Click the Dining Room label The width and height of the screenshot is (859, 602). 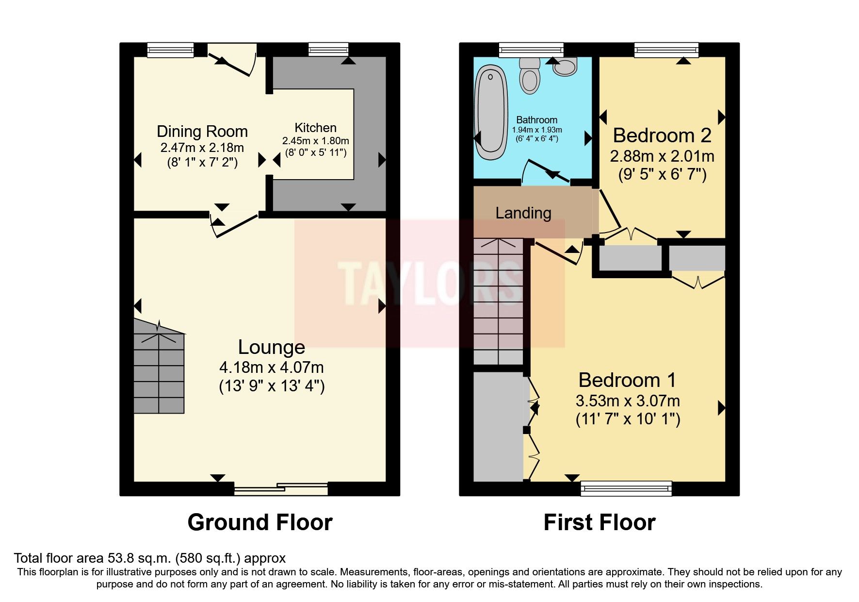pyautogui.click(x=202, y=132)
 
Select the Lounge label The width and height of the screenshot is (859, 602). pyautogui.click(x=271, y=347)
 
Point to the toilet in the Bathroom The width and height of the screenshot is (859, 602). pyautogui.click(x=529, y=78)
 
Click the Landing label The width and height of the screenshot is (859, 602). pyautogui.click(x=523, y=213)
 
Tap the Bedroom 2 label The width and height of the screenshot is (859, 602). pyautogui.click(x=662, y=135)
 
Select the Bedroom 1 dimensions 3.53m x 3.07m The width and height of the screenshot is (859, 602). pyautogui.click(x=627, y=401)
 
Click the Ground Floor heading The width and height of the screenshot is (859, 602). pyautogui.click(x=259, y=522)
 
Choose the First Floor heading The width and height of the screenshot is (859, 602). pyautogui.click(x=599, y=522)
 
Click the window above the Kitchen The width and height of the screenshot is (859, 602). pyautogui.click(x=328, y=49)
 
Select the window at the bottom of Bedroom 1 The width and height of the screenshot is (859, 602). pyautogui.click(x=626, y=488)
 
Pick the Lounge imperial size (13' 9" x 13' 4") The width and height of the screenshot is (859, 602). pyautogui.click(x=271, y=386)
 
